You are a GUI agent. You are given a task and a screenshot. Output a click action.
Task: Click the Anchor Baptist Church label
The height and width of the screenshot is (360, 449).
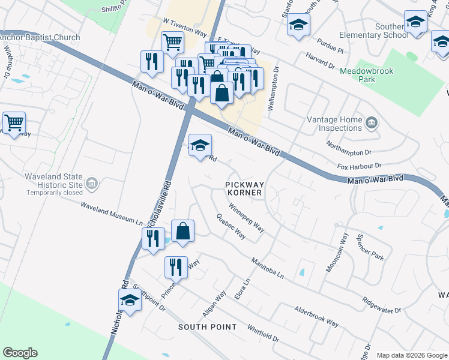(x=40, y=38)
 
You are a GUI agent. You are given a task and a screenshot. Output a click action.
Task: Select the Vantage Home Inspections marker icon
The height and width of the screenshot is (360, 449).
(x=372, y=124)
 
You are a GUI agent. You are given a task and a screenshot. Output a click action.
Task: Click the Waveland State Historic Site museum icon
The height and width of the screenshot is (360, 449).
(x=92, y=183)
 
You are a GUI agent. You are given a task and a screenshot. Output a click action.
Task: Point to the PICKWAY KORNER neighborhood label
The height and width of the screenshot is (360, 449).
(x=244, y=188)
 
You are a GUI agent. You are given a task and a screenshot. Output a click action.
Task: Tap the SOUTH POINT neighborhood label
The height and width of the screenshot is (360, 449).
(x=207, y=327)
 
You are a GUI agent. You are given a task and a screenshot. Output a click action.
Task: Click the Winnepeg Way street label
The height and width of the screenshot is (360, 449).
(x=246, y=218)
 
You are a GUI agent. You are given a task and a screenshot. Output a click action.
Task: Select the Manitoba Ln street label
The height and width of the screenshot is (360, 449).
(x=267, y=268)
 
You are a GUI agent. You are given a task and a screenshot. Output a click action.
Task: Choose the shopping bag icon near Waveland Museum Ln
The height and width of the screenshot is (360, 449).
(x=182, y=232)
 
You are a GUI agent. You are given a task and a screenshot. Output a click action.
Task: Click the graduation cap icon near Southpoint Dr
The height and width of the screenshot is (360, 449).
(x=130, y=300)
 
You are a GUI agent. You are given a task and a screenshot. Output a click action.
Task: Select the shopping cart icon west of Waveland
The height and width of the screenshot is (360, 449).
(x=14, y=123)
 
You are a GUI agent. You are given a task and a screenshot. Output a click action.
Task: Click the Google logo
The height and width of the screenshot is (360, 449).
(x=20, y=353)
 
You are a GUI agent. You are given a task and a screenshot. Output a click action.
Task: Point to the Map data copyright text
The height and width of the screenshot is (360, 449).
(x=411, y=355)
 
